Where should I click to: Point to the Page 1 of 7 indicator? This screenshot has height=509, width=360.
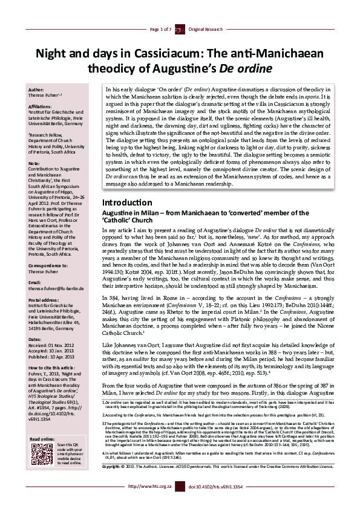pyautogui.click(x=160, y=28)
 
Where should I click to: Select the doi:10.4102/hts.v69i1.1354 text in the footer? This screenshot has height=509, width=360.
pyautogui.click(x=209, y=502)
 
